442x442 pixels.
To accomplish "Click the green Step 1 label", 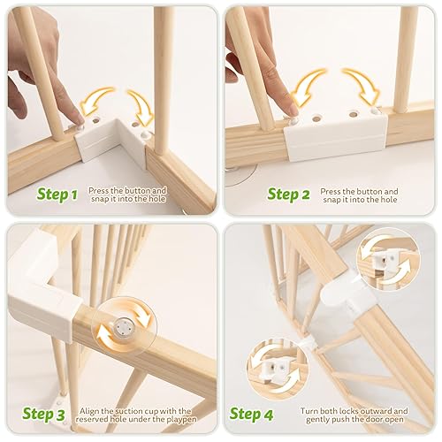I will tap(57, 193).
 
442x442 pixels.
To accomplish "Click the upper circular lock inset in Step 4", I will tap(382, 255).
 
